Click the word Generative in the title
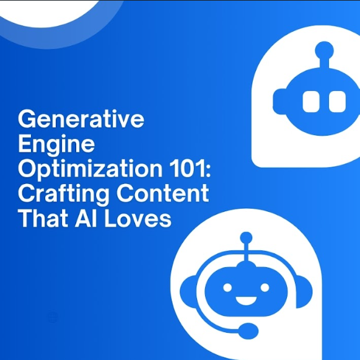coord(81,119)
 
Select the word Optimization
coord(90,170)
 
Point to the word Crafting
coord(64,194)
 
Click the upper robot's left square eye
coord(311,102)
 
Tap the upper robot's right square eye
coord(337,102)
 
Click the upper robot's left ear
coord(279,102)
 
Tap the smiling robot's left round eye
coord(227,288)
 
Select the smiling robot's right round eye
coord(265,288)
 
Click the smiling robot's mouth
coord(246,301)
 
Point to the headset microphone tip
coord(248,331)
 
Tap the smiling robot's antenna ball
coord(246,238)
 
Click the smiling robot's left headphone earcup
coord(188,292)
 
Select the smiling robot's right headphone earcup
coord(304,292)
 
